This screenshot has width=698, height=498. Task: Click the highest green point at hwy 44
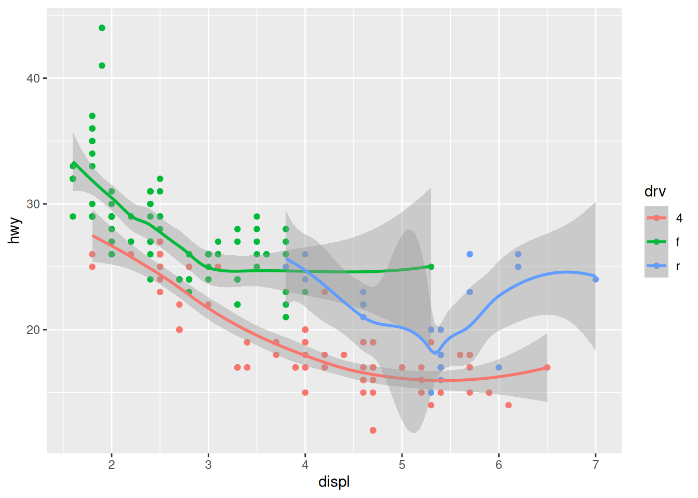coord(102,28)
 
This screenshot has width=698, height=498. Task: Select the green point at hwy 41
coord(102,66)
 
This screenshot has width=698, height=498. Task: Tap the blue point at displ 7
coord(596,280)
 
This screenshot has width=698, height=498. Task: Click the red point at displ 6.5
coord(547,368)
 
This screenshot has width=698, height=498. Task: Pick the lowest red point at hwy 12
coord(373,431)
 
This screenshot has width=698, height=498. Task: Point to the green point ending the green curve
coord(431,267)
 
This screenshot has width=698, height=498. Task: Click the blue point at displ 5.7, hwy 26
coord(469,254)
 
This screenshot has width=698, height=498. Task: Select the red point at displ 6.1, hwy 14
coord(508,405)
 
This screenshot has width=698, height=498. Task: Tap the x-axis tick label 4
coord(305,465)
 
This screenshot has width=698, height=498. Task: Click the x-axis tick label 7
coord(596,465)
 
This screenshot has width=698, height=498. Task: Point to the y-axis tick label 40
coord(33,78)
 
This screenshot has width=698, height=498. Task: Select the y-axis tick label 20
coord(33,330)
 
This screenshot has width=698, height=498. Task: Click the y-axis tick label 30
coord(33,204)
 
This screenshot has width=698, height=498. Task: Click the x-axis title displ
coord(334,482)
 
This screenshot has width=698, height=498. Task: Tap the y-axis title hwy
coord(15,230)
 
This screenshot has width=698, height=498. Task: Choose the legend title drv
coord(655,191)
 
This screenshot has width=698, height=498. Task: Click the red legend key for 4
coord(656,218)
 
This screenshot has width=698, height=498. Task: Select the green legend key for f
coord(656,242)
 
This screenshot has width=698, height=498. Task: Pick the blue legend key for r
coord(656,266)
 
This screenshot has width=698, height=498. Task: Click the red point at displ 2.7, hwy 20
coord(179,330)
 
